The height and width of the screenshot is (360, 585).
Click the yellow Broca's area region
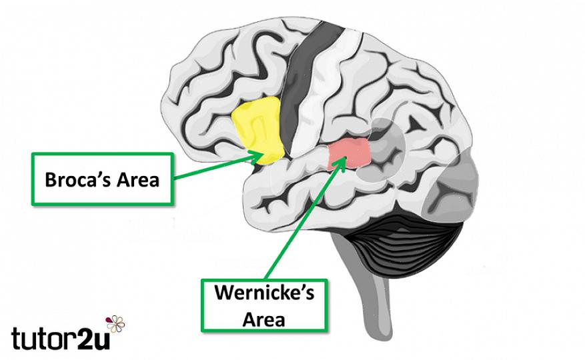point(257,129)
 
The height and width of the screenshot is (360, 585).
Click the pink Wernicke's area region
point(350,153)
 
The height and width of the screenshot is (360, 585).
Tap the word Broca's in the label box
point(77,179)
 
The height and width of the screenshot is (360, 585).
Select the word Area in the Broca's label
point(138,179)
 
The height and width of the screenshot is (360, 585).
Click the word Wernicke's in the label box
point(264,292)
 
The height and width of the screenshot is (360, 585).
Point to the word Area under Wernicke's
point(264,320)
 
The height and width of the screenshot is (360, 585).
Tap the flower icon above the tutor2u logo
point(115,323)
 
